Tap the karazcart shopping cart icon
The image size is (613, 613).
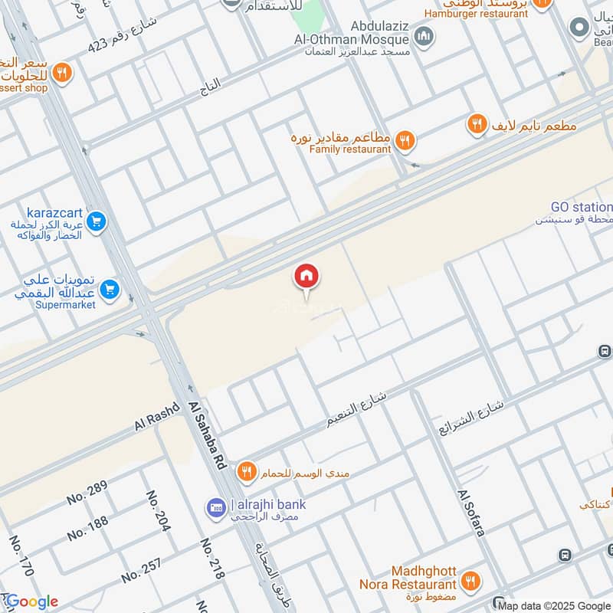point(96,222)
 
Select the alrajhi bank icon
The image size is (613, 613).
point(215,507)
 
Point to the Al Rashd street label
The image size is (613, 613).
point(156,417)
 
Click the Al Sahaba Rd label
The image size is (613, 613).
point(206,436)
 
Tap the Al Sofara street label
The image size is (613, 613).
point(471,513)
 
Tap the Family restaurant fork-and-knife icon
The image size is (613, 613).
point(406,139)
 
